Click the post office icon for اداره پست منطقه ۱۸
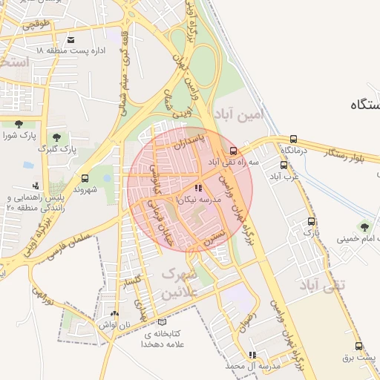click(x=71, y=39)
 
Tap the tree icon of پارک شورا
click(x=19, y=124)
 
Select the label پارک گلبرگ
click(x=59, y=149)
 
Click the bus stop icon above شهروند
click(x=85, y=178)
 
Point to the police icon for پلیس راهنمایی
click(x=36, y=186)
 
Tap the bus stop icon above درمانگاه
click(x=294, y=139)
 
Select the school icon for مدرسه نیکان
click(x=197, y=189)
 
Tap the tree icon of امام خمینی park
click(x=364, y=226)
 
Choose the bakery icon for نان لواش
click(x=114, y=314)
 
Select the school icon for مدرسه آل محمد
click(x=252, y=355)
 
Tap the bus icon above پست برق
click(x=359, y=346)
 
